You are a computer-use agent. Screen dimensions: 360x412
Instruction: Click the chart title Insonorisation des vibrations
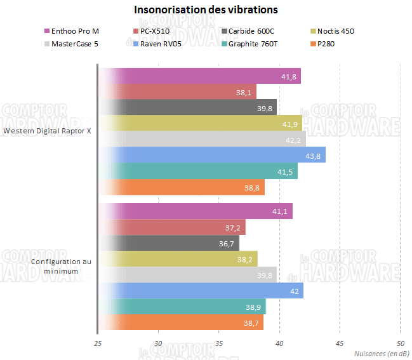pos(206,10)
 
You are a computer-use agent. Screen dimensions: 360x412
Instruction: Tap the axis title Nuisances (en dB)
pos(381,353)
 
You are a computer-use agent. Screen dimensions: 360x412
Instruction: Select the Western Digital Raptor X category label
pos(48,131)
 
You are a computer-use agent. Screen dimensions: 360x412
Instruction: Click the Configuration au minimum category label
pos(60,266)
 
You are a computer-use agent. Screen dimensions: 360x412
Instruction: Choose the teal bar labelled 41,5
pos(197,171)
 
